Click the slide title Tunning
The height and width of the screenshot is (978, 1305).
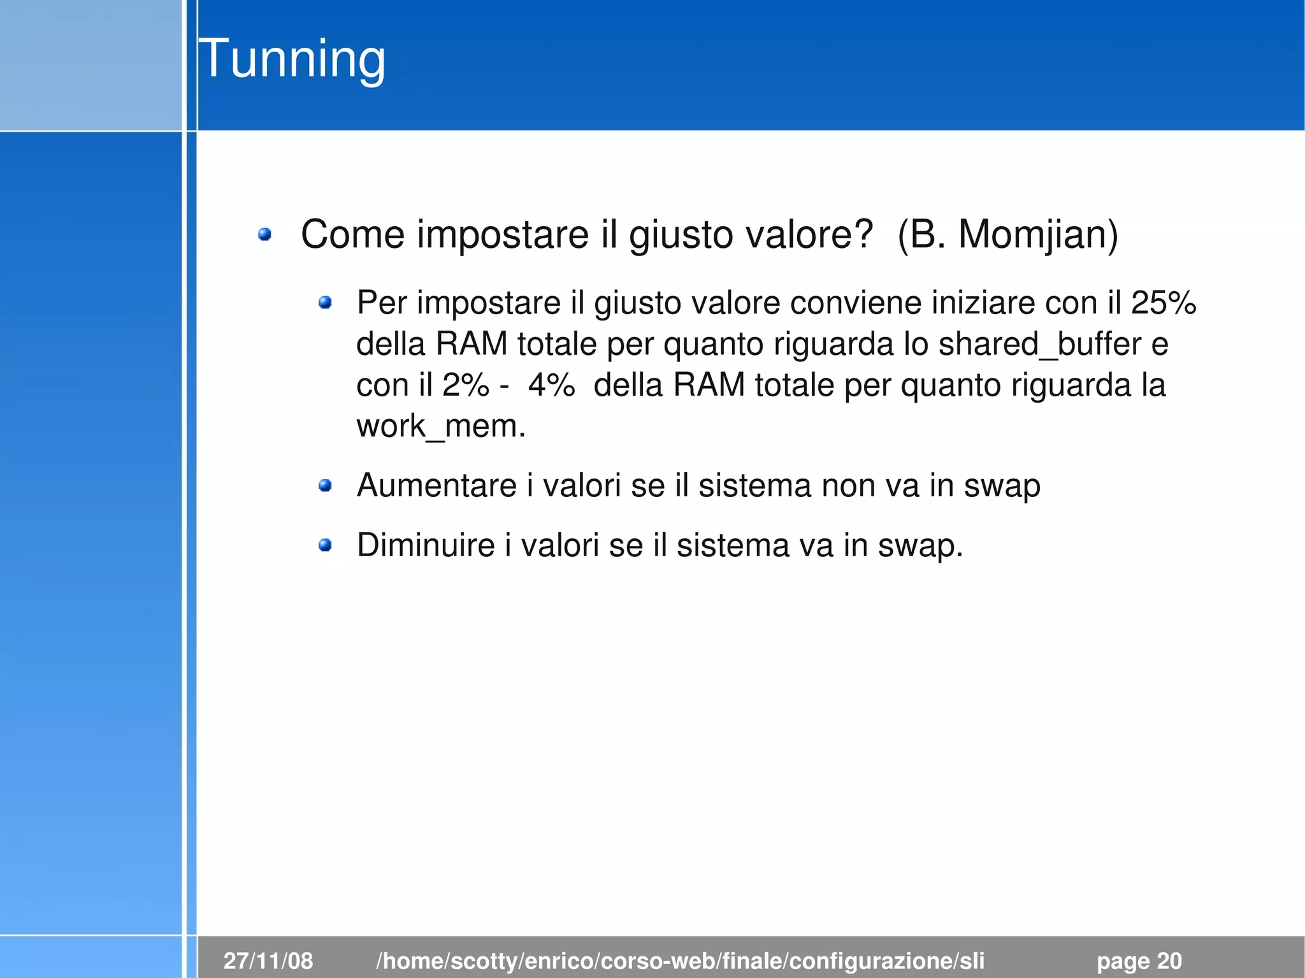tap(292, 59)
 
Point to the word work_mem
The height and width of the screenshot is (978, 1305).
tap(440, 426)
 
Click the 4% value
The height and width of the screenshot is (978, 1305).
tap(551, 385)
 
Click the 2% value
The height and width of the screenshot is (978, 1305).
tap(466, 385)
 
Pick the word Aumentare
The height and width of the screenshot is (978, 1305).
tap(436, 485)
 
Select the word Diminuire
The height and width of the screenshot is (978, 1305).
tap(426, 545)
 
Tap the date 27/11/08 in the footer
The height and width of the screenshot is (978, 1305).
tap(268, 960)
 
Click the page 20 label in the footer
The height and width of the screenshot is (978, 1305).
tap(1139, 960)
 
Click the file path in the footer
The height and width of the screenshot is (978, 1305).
tap(680, 960)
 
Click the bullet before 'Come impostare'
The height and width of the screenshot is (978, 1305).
tap(264, 235)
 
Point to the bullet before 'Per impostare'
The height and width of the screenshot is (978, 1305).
tap(325, 303)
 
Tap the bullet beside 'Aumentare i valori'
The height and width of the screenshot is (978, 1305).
tap(325, 486)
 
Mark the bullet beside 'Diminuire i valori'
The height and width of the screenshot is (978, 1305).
tap(325, 545)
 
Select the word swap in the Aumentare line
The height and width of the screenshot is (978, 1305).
tap(1002, 486)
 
